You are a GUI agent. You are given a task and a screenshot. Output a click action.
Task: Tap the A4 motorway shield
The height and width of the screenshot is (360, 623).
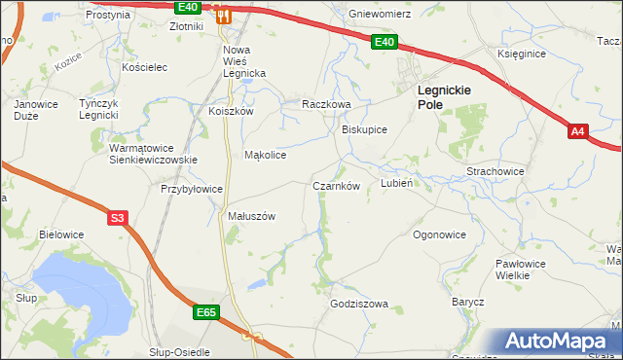(578, 131)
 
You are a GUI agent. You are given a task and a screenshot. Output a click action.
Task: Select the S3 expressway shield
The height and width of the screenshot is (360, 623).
(117, 219)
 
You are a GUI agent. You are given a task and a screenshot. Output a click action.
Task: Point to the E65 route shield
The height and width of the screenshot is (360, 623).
(205, 312)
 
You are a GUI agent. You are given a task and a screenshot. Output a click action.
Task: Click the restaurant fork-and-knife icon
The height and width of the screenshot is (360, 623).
(223, 15)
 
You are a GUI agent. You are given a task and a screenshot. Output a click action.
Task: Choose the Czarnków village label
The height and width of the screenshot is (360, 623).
(337, 185)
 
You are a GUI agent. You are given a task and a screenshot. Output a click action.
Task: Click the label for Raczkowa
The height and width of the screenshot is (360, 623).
(325, 104)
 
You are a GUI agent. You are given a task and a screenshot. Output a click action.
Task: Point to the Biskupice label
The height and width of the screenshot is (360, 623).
(365, 129)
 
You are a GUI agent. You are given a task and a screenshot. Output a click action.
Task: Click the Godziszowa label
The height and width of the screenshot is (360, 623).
(359, 304)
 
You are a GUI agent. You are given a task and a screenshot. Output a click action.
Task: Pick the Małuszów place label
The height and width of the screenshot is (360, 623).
(252, 216)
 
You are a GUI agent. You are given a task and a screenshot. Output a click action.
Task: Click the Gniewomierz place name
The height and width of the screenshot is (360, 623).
(380, 15)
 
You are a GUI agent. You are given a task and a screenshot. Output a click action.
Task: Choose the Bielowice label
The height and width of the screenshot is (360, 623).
(60, 234)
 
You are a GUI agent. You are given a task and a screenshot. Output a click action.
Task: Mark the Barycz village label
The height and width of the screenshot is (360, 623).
(467, 303)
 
